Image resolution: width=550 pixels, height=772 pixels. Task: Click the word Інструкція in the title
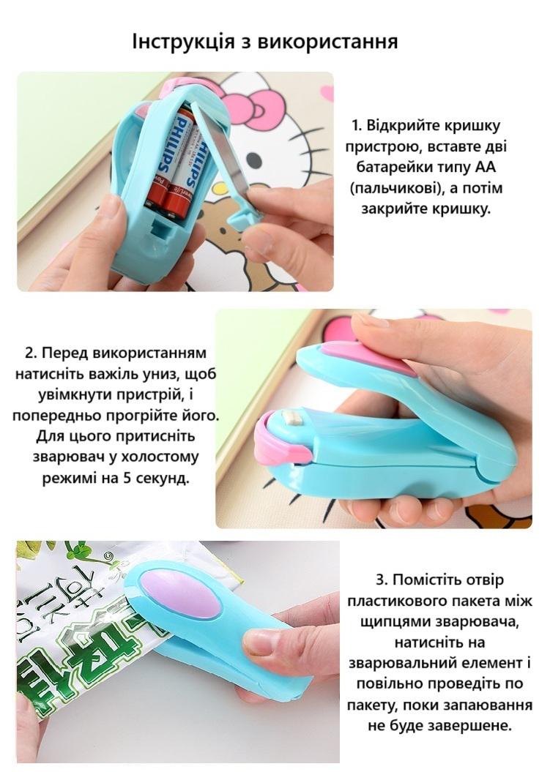tap(184, 42)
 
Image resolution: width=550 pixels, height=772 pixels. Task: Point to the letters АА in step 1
tap(486, 168)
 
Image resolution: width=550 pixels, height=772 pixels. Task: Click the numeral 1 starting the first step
tap(355, 126)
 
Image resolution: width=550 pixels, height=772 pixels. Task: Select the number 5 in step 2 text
tap(127, 478)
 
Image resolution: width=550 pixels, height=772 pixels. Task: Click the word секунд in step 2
tap(162, 479)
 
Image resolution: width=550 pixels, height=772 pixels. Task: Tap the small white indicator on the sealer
tap(293, 419)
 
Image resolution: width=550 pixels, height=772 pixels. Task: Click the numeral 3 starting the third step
tap(381, 580)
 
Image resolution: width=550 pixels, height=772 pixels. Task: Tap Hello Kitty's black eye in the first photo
tap(253, 159)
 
